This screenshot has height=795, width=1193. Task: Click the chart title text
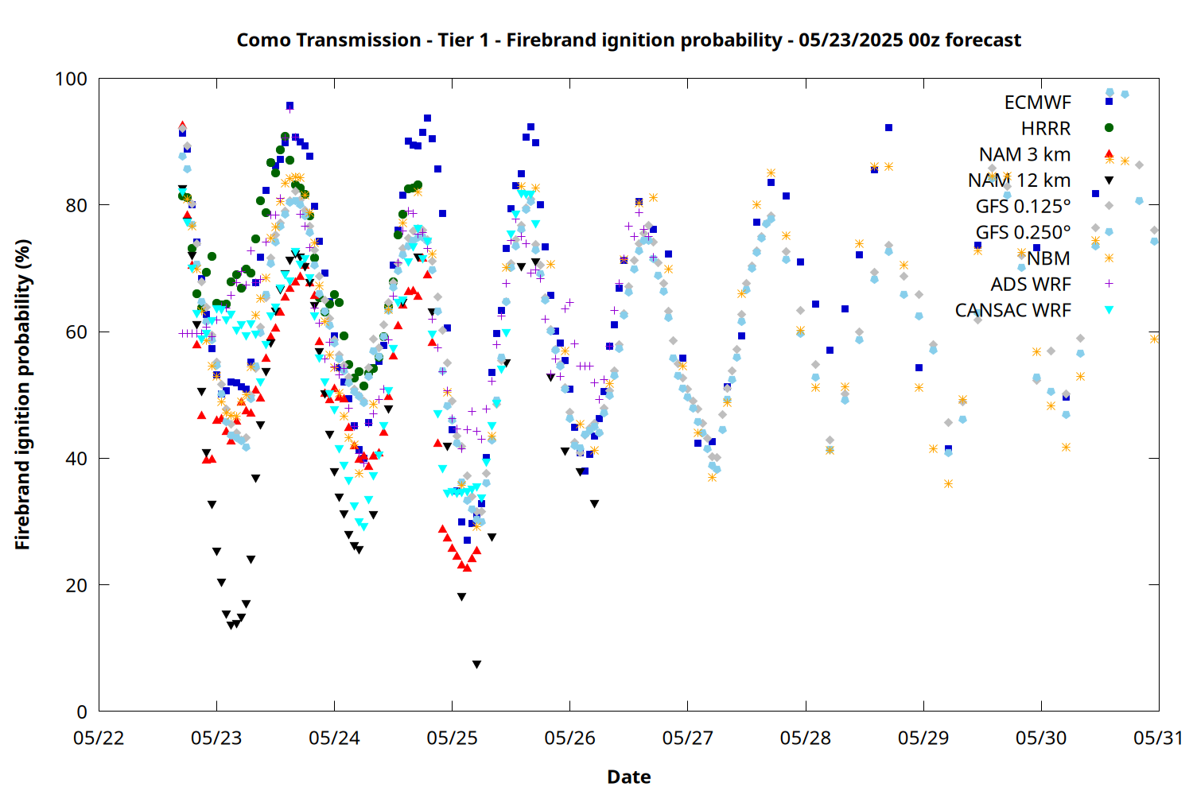pyautogui.click(x=628, y=41)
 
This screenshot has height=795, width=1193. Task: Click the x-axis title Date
pyautogui.click(x=629, y=777)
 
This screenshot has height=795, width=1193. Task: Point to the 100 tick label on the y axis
pyautogui.click(x=72, y=79)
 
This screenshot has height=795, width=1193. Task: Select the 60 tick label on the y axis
pyautogui.click(x=76, y=332)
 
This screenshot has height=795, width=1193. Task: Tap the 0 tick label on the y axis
pyautogui.click(x=82, y=712)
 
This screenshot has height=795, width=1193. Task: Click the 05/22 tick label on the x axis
pyautogui.click(x=99, y=738)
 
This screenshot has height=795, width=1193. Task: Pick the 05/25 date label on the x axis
pyautogui.click(x=453, y=738)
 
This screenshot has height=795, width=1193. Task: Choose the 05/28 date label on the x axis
pyautogui.click(x=805, y=738)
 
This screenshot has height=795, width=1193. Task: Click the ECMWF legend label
pyautogui.click(x=1037, y=103)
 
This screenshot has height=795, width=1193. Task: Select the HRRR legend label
pyautogui.click(x=1046, y=128)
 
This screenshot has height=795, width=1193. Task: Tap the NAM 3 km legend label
pyautogui.click(x=1024, y=154)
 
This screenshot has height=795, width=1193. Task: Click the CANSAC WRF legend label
pyautogui.click(x=1013, y=310)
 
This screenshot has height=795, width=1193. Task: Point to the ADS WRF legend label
pyautogui.click(x=1031, y=285)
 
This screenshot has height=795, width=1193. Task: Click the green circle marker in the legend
pyautogui.click(x=1109, y=128)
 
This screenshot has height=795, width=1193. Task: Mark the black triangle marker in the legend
pyautogui.click(x=1109, y=180)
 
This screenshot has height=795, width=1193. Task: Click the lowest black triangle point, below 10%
pyautogui.click(x=476, y=665)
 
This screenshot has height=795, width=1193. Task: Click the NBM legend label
pyautogui.click(x=1049, y=258)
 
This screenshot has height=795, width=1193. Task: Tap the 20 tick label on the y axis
pyautogui.click(x=76, y=585)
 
